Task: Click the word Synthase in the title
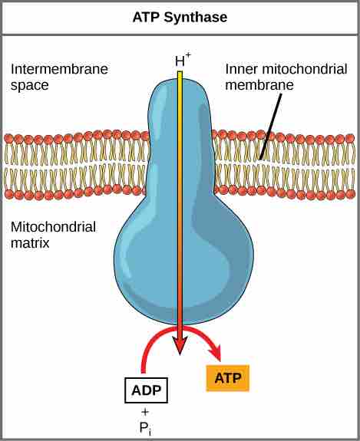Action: (195, 18)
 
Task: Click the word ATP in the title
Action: (147, 17)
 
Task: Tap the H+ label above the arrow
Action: (183, 60)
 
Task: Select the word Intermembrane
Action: (59, 69)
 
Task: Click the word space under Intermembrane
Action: (30, 85)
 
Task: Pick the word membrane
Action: (259, 85)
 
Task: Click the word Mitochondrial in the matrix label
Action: (53, 227)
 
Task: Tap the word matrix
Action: (30, 242)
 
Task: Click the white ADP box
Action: (146, 390)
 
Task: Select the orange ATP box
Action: (228, 378)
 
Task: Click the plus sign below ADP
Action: (145, 412)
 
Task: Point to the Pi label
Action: (146, 428)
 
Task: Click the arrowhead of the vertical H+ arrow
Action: (180, 346)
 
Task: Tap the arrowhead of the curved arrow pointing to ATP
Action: (215, 351)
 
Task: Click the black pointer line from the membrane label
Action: (270, 127)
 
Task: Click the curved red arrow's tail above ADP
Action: (144, 369)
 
